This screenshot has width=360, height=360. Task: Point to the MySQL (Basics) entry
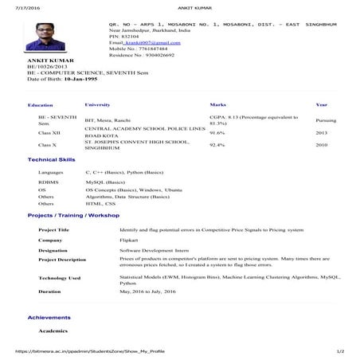(x=109, y=205)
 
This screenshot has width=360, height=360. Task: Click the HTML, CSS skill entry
(x=100, y=225)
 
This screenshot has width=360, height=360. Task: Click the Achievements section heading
(x=49, y=339)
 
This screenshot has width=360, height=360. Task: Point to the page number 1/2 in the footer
(x=340, y=350)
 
